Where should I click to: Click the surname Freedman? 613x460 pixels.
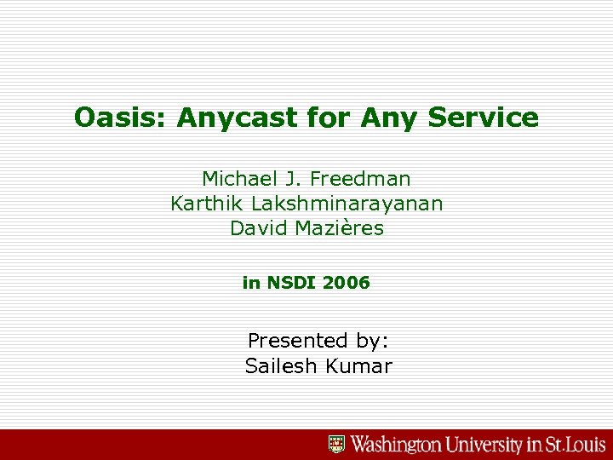click(x=360, y=179)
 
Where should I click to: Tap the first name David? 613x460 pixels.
click(x=256, y=228)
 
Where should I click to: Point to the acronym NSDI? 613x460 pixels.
click(x=292, y=283)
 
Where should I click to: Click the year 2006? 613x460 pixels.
click(x=347, y=283)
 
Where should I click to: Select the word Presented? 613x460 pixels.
click(x=293, y=341)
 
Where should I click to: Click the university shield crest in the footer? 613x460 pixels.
click(x=337, y=444)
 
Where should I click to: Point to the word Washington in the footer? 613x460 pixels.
click(x=397, y=444)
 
